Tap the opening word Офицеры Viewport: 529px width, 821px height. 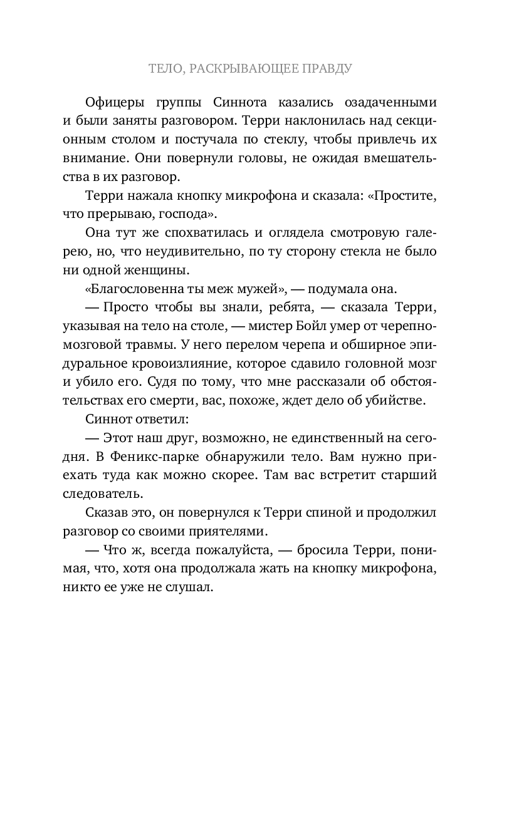click(x=110, y=102)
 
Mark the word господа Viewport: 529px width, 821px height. click(x=191, y=214)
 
